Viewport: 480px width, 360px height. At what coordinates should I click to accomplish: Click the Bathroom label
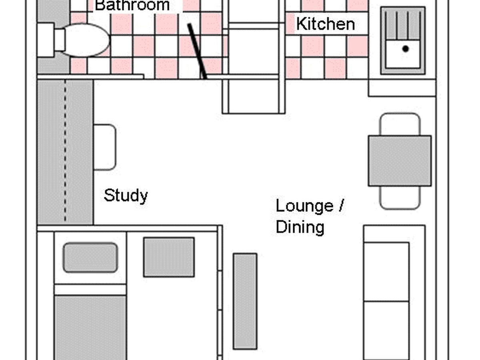point(132,5)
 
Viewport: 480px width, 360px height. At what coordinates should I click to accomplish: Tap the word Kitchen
point(325,24)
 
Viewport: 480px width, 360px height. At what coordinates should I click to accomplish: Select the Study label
point(126,196)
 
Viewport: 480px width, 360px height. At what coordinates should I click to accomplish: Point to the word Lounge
point(305,206)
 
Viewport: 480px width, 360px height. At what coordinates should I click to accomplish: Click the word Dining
point(300,227)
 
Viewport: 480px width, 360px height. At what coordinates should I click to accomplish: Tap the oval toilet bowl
point(87,40)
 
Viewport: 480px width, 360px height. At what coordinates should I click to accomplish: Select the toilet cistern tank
point(46,40)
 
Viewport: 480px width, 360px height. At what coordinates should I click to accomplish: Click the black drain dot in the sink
point(406,49)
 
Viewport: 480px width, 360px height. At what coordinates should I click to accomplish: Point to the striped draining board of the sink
point(403,25)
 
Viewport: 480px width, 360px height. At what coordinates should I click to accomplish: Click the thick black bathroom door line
point(197,51)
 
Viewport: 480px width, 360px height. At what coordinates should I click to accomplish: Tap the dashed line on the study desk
point(65,151)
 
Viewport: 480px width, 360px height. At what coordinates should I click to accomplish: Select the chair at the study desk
point(105,147)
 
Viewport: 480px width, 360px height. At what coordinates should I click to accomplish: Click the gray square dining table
point(400,161)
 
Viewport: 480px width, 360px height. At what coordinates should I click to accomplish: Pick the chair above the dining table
point(400,124)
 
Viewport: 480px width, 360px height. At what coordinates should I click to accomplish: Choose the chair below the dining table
point(400,198)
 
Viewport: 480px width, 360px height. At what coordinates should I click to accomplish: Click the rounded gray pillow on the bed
point(90,258)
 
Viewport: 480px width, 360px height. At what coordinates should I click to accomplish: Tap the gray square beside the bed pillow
point(169,257)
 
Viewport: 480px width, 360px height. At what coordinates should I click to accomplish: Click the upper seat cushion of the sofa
point(386,272)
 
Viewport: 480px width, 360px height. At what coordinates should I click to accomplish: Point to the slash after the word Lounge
point(342,205)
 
